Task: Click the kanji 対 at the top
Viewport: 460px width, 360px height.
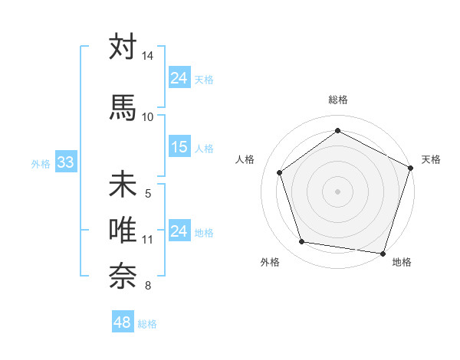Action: point(123,47)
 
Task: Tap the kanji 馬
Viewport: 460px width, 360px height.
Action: point(123,107)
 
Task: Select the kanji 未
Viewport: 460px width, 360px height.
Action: point(123,185)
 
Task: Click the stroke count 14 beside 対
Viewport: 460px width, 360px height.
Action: point(147,57)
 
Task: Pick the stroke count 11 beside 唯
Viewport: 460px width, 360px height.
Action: point(147,240)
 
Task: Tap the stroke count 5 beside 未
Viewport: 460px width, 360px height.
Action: point(148,194)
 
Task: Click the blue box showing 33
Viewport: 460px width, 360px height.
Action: point(64,162)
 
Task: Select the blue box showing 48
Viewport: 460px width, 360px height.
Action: point(123,322)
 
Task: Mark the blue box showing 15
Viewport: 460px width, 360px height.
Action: point(179,147)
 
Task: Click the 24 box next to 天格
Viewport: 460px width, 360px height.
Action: point(179,77)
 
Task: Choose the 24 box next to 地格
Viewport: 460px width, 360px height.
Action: point(179,231)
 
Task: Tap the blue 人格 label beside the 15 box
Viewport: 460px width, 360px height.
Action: point(204,148)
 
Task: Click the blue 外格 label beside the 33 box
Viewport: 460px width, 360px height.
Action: point(41,163)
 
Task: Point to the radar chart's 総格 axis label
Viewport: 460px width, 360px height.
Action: point(337,100)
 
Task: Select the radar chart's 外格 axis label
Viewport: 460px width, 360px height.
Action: point(270,263)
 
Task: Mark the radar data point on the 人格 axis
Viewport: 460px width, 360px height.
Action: point(280,172)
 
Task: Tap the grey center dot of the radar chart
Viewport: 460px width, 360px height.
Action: point(337,191)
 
